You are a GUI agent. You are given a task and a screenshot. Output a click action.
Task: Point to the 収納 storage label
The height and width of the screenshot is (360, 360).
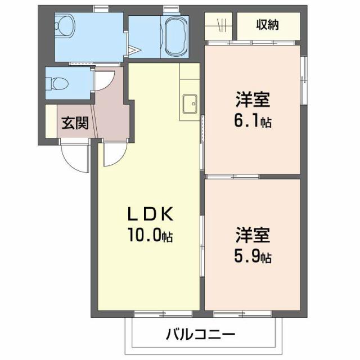268,24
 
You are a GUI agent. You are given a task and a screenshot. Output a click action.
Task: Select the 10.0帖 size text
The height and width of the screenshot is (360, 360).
148,236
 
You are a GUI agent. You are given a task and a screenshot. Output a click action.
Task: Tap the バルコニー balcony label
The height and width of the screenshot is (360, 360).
200,335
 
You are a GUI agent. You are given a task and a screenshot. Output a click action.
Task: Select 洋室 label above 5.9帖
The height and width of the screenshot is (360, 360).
253,235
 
